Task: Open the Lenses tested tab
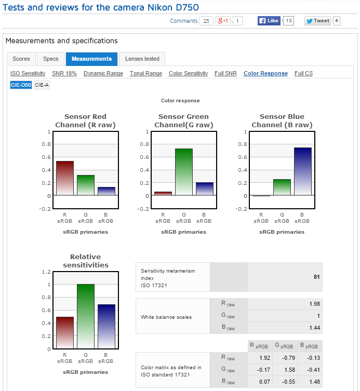(x=142, y=59)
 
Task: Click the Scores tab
(x=21, y=59)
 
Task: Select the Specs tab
(x=51, y=59)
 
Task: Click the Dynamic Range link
(x=103, y=74)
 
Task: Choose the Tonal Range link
(x=146, y=74)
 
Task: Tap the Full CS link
(x=303, y=74)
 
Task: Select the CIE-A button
(x=42, y=85)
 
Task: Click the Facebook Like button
(x=270, y=21)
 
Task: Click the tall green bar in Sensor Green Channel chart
(x=184, y=171)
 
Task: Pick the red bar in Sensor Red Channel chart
(x=65, y=178)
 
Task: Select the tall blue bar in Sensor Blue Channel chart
(x=303, y=171)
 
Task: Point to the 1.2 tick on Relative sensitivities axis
(x=45, y=272)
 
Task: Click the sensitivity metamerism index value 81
(x=316, y=277)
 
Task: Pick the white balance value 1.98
(x=313, y=304)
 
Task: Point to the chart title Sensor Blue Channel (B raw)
(x=282, y=121)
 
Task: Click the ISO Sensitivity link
(x=28, y=74)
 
